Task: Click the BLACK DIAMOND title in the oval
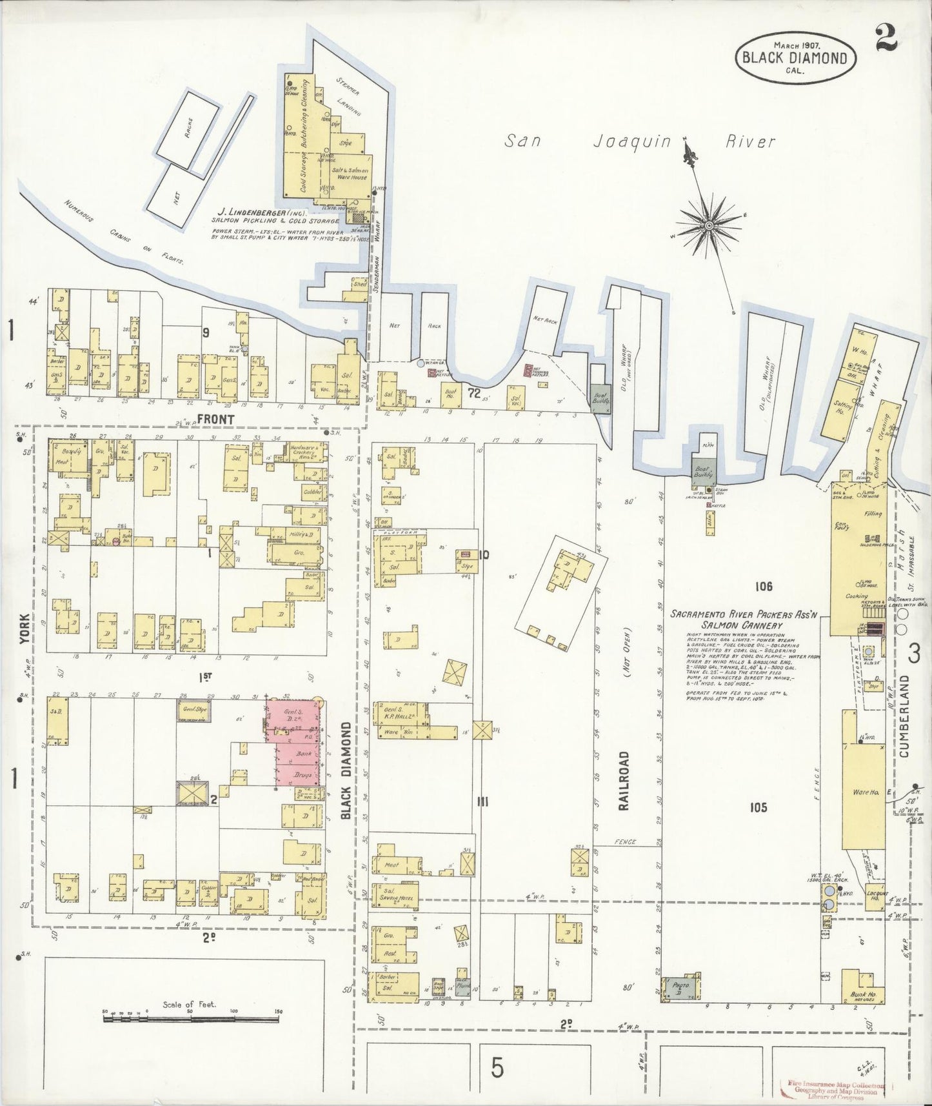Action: tap(795, 57)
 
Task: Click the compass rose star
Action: tap(709, 225)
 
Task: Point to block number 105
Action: tap(758, 807)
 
